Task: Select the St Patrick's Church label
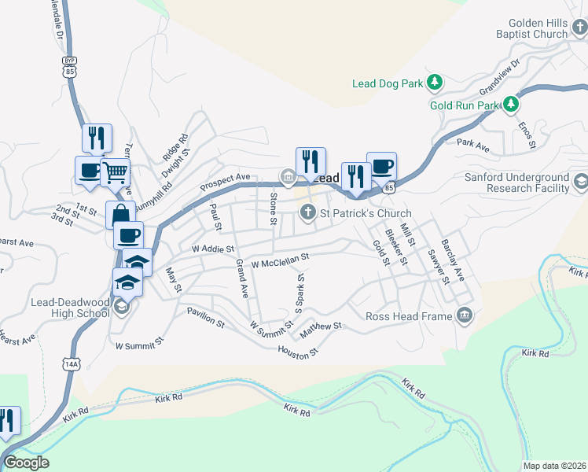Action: (x=366, y=213)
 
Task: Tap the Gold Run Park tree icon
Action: (x=512, y=104)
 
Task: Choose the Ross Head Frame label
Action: (x=409, y=316)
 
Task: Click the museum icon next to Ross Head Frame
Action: (x=465, y=315)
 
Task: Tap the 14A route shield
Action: (x=72, y=363)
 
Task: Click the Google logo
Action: (x=26, y=463)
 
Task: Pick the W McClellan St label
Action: (x=280, y=259)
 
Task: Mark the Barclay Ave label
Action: (x=453, y=260)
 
